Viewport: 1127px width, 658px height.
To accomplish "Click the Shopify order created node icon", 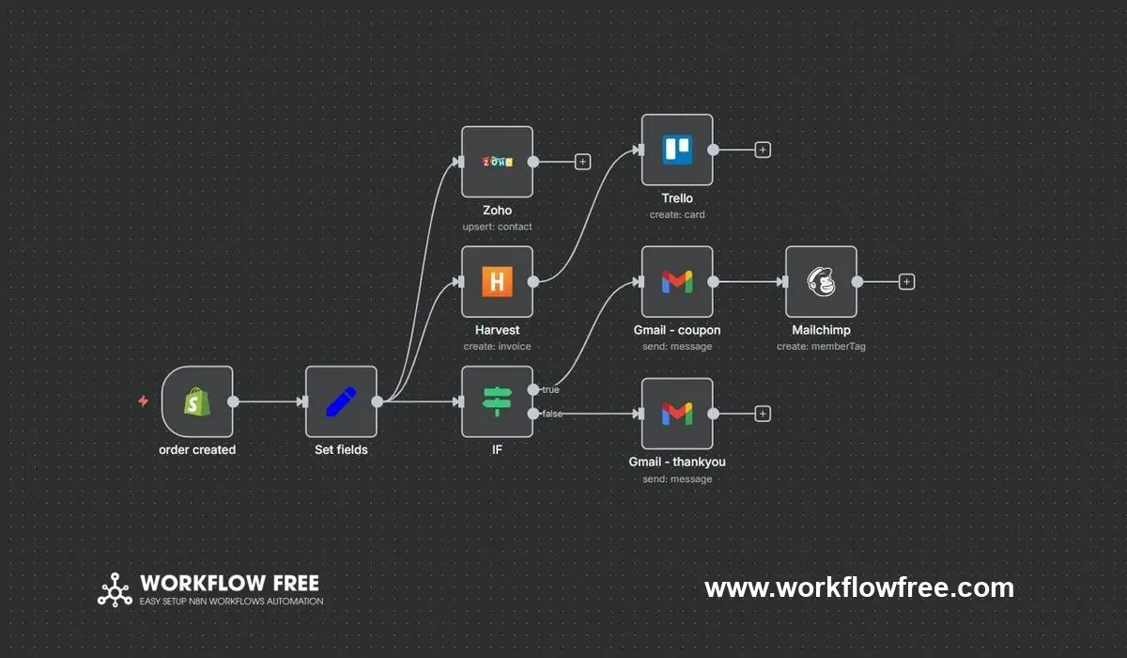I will point(197,402).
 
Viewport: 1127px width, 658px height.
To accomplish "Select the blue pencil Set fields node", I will point(341,402).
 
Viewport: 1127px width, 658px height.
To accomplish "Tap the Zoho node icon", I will point(497,162).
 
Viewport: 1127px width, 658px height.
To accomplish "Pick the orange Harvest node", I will point(497,282).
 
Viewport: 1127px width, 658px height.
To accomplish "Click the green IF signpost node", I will point(497,402).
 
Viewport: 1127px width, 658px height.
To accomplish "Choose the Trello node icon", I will point(677,149).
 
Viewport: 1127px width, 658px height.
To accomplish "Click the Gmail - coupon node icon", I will point(677,281).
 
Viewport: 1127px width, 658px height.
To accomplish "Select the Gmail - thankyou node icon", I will point(677,413).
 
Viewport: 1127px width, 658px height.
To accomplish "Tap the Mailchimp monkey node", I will point(821,281).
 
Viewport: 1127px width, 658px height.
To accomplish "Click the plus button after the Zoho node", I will point(582,162).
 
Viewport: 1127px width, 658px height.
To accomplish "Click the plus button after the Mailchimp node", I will point(906,281).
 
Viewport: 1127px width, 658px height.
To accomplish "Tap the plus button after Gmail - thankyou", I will point(763,413).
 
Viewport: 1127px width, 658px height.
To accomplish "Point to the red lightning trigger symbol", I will point(143,401).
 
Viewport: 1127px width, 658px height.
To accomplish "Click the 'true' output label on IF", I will point(550,389).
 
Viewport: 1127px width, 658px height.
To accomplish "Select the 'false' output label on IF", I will point(552,414).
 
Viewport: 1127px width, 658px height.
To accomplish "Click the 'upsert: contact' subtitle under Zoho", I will point(497,227).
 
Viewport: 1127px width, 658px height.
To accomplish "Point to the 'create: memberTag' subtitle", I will point(821,347).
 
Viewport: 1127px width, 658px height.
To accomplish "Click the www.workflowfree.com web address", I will point(859,588).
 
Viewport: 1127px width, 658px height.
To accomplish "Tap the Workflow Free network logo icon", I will point(116,589).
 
